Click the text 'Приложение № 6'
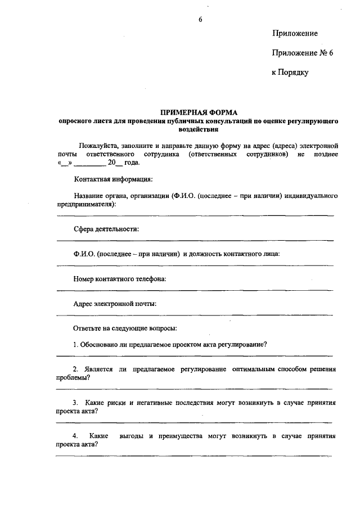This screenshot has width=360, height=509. (303, 53)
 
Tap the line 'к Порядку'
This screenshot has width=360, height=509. (290, 72)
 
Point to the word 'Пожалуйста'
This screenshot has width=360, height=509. (96, 146)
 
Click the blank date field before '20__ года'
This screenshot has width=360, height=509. (89, 163)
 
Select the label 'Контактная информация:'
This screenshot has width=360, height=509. (113, 179)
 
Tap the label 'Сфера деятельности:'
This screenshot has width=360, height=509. (106, 229)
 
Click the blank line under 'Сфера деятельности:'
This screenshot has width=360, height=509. (194, 240)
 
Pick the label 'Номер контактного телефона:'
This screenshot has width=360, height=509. (120, 278)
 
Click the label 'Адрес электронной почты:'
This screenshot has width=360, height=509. (115, 303)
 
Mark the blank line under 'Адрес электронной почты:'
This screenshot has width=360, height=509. (194, 314)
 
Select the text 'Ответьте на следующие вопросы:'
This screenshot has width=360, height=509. (125, 328)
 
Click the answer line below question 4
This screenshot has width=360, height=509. (194, 456)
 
